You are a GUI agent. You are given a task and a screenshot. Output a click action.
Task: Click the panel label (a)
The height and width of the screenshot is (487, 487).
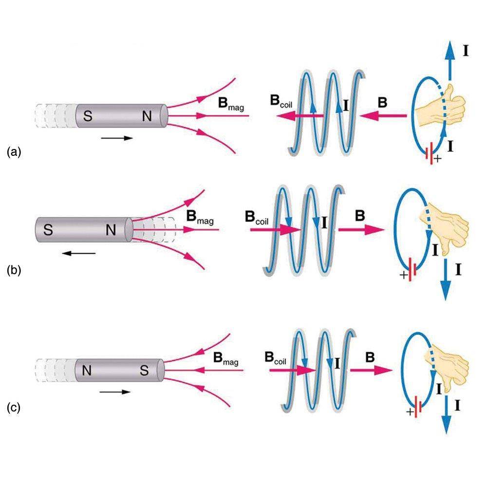(x=14, y=152)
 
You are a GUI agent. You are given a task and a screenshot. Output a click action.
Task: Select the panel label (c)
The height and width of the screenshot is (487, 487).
(x=14, y=407)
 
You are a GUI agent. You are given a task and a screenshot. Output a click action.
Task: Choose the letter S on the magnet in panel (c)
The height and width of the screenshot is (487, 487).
(x=144, y=371)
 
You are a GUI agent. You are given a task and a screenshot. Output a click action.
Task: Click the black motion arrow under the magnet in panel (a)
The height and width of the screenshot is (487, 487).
(x=117, y=138)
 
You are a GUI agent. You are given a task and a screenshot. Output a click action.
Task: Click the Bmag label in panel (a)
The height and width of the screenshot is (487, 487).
(x=232, y=104)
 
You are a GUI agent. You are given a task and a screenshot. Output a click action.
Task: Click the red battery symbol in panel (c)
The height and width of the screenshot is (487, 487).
(x=418, y=405)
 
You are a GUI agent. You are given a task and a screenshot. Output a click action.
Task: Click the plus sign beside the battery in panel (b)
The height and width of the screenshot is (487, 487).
(x=404, y=276)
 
